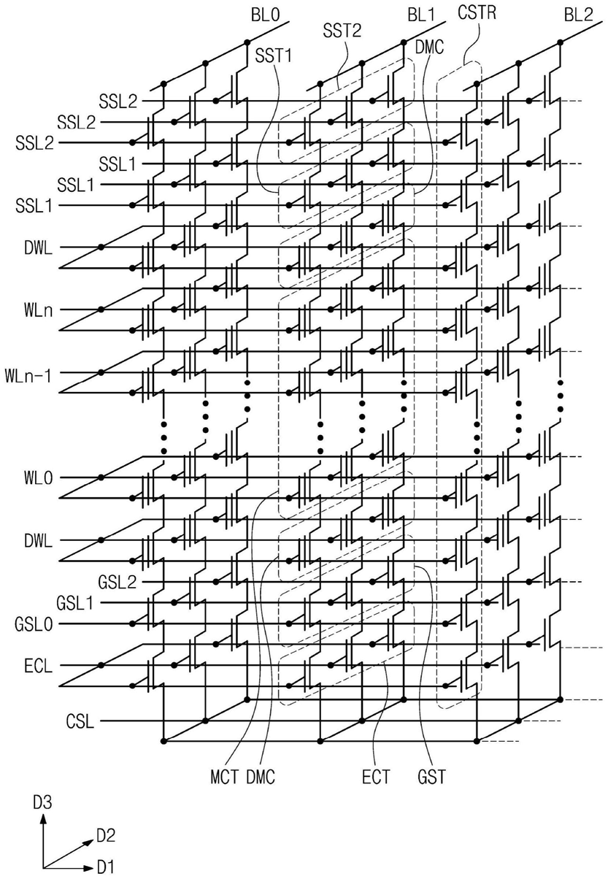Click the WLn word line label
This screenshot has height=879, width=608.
click(31, 309)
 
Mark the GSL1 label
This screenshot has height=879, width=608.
click(75, 603)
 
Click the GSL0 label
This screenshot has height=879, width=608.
click(33, 625)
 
